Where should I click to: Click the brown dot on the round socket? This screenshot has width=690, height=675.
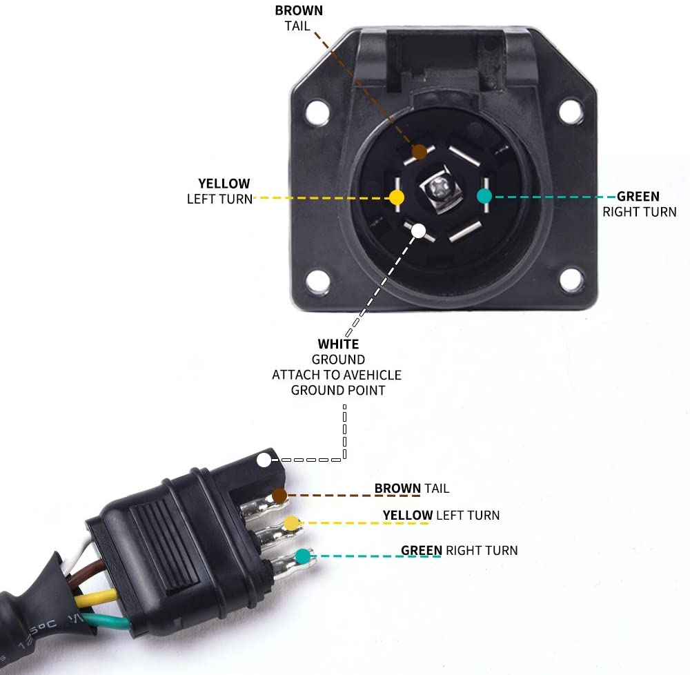[x=419, y=152]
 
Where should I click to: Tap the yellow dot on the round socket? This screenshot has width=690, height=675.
[x=397, y=197]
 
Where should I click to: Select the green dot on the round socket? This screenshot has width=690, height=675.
[x=484, y=196]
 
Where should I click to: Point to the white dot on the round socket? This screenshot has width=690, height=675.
[x=418, y=231]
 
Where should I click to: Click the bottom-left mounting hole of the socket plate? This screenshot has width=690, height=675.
[x=317, y=280]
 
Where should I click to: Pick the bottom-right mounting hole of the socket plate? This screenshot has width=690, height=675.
[x=571, y=280]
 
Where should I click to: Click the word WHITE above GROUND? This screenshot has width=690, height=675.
[x=338, y=344]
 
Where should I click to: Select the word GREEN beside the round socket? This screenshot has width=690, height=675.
[x=638, y=197]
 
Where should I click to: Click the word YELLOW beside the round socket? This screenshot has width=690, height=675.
[x=224, y=184]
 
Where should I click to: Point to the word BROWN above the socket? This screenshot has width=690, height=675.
[x=298, y=10]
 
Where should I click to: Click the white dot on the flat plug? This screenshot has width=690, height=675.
[x=264, y=460]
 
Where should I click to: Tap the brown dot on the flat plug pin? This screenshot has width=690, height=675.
[x=279, y=495]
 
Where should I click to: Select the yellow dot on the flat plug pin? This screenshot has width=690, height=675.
[x=293, y=523]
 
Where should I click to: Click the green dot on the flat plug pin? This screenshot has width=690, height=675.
[x=302, y=556]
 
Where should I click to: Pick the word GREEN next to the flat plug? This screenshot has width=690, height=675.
[x=421, y=550]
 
